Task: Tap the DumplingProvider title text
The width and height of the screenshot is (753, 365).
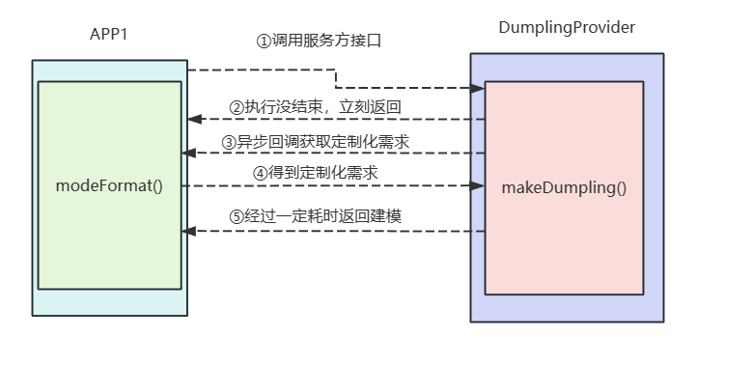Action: tap(566, 28)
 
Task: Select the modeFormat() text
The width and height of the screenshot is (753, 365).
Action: tap(109, 185)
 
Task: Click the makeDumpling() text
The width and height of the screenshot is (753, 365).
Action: tap(564, 186)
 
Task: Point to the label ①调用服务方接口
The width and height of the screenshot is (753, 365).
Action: tap(325, 42)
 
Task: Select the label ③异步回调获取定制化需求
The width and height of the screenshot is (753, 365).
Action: tap(316, 141)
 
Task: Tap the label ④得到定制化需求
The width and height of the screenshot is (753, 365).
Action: tap(315, 173)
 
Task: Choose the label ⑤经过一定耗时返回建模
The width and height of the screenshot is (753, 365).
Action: tap(315, 217)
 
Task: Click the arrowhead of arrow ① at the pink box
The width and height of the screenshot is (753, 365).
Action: tap(479, 88)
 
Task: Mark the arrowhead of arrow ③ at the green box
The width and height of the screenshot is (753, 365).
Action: tap(188, 153)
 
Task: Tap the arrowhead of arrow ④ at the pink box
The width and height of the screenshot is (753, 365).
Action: tap(479, 185)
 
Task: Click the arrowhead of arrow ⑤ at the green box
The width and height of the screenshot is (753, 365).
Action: tap(188, 231)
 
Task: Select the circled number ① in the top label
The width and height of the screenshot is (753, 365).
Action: tap(262, 42)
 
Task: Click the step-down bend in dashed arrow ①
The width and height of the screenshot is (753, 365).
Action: tap(336, 79)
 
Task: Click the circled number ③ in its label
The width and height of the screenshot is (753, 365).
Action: tap(229, 141)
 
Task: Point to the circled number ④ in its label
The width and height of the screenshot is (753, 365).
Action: tap(260, 173)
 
